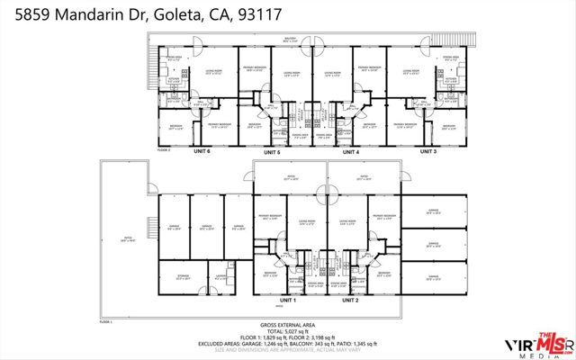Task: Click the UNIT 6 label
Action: [202, 151]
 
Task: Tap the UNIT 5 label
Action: [273, 153]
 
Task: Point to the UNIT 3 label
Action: [428, 151]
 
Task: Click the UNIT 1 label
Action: [288, 300]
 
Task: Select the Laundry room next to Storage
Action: [220, 278]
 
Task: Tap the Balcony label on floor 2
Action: [291, 39]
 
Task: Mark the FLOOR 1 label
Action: [105, 320]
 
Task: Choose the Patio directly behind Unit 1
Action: [291, 178]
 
